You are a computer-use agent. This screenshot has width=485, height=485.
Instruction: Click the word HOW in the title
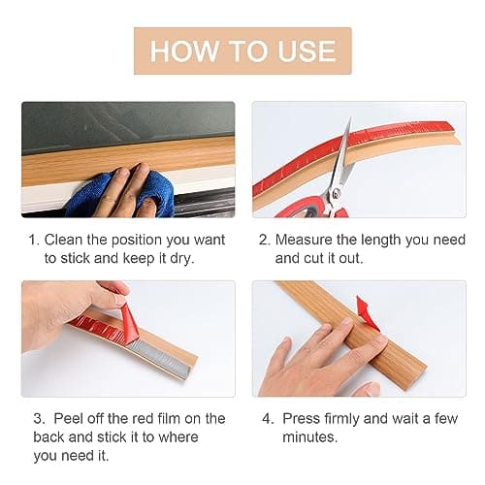[x=184, y=50]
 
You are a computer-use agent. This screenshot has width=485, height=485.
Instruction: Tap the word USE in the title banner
[x=307, y=50]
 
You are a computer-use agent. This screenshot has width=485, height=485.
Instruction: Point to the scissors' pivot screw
[x=337, y=192]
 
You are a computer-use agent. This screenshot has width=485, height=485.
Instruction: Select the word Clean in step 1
[x=63, y=240]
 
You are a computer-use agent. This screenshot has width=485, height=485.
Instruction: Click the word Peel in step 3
[x=68, y=418]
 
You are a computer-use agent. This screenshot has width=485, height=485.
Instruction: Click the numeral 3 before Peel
[x=38, y=419]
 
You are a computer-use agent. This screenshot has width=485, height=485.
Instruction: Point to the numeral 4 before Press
[x=267, y=419]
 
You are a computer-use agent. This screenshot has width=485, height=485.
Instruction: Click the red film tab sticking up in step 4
[x=366, y=311]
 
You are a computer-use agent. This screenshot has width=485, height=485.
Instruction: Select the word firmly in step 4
[x=342, y=419]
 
